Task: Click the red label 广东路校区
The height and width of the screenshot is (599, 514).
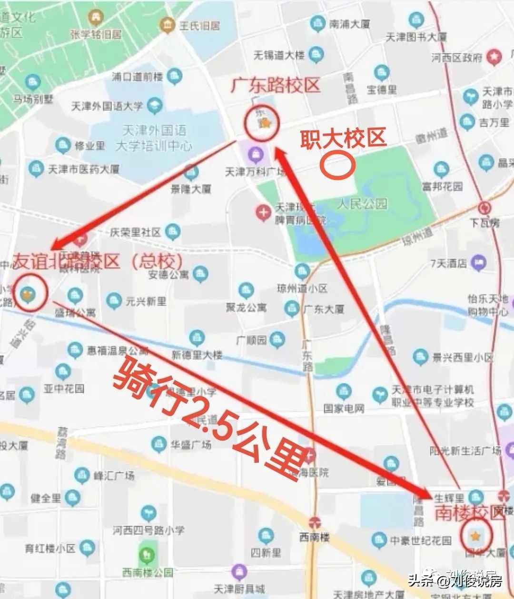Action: coord(276,86)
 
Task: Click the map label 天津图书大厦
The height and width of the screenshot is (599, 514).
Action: coord(416,37)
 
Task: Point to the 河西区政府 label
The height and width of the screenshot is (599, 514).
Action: coord(457,58)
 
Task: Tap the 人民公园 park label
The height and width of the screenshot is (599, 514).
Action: coord(362,204)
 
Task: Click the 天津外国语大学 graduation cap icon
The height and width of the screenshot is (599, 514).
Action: coord(154,106)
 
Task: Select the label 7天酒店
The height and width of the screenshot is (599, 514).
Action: coord(448,263)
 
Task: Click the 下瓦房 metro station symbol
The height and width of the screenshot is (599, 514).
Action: coord(485,208)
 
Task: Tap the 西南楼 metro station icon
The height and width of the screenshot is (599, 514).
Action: coord(314,522)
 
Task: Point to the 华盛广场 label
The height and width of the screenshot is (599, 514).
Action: coord(191,445)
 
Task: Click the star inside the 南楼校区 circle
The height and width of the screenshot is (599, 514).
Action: coord(475,537)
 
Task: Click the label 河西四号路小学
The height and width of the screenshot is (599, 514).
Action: coord(148,530)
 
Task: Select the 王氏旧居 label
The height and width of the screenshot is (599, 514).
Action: coord(199,25)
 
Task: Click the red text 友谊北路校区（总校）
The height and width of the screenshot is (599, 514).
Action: coord(98,261)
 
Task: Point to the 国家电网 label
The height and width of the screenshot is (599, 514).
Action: coord(344,408)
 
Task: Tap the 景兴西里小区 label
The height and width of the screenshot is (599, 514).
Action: coord(463,357)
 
